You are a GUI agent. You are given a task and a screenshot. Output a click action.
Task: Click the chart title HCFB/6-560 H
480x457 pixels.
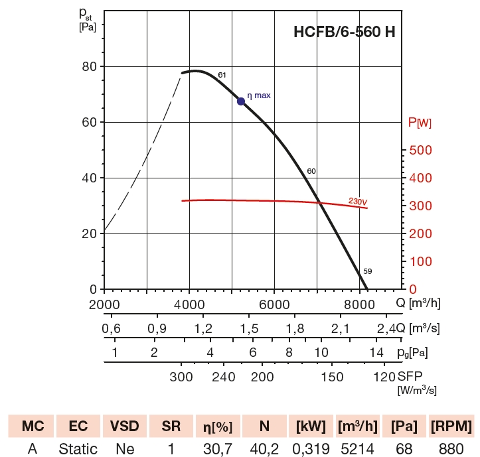tap(344, 33)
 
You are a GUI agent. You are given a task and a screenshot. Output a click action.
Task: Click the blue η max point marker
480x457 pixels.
tap(241, 101)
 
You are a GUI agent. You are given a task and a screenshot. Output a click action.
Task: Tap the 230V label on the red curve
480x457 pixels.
tap(358, 200)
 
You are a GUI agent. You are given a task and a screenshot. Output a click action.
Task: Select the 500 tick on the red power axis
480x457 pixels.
tap(422, 151)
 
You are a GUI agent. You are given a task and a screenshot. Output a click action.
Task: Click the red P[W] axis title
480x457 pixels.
tap(419, 123)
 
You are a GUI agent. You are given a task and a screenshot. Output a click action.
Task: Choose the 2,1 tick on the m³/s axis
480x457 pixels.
tap(341, 328)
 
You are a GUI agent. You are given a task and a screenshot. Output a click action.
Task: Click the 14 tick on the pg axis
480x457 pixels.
tap(376, 352)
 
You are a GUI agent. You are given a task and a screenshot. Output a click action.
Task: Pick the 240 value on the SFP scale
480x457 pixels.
tap(224, 377)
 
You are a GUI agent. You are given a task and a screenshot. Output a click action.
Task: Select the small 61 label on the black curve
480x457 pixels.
tap(222, 74)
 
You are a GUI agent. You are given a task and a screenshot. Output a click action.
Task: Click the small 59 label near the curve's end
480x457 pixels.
tap(367, 271)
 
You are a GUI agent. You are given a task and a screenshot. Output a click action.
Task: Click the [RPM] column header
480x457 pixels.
tap(451, 426)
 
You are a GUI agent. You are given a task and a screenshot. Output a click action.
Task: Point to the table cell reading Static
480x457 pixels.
tap(78, 449)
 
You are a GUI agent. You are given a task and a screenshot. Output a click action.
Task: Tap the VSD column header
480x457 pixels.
tap(125, 426)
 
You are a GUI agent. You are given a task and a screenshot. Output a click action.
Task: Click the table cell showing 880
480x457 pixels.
tap(451, 449)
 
